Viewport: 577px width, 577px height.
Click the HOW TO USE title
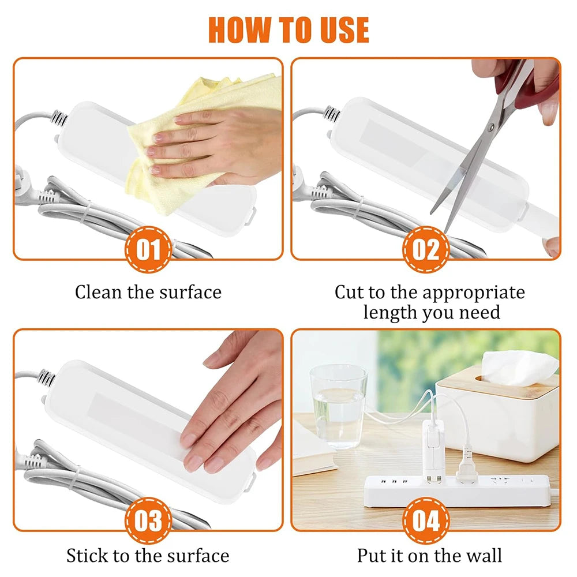point(288,29)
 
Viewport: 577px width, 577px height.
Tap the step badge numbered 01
point(148,250)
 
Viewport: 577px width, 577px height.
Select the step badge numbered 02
point(426,250)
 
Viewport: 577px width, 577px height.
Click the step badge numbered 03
point(148,522)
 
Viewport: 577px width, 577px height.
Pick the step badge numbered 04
point(426,522)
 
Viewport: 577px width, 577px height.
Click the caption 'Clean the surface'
point(148,292)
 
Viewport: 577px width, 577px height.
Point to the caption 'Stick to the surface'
point(148,556)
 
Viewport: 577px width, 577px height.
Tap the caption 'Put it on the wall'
point(429,556)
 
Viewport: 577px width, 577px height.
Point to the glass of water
point(338,404)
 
